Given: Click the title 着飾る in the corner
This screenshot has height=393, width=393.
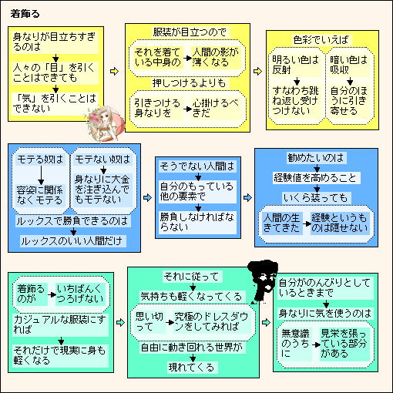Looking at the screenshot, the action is pos(25,14).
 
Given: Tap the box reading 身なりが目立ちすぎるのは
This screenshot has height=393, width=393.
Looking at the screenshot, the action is pos(55,42).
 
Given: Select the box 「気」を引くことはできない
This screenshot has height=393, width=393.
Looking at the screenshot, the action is pos(55,103).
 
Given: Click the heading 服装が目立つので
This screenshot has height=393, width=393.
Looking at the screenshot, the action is pos(190,32).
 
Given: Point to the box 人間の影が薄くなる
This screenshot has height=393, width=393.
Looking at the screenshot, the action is pos(216,58).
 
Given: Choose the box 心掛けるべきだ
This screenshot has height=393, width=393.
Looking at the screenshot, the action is pos(216,108).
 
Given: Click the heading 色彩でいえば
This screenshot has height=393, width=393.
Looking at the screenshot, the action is pos(321,40).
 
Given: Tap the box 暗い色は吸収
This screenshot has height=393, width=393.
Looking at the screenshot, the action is pos(349,65).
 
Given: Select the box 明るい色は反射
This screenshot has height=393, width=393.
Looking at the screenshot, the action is pos(296,65).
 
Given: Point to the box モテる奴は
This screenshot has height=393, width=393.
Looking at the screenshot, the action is pos(40,160).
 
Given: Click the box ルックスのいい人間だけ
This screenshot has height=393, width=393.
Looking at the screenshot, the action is pos(73,241).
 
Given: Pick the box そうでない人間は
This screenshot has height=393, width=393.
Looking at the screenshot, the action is pos(197,166).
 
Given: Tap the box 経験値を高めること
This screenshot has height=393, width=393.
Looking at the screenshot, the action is pos(317,178).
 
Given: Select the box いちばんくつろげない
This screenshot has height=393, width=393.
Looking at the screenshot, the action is pos(80,294).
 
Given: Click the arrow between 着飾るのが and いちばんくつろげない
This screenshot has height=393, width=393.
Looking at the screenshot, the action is pos(52,294).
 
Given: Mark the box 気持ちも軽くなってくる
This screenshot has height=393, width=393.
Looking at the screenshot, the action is pos(192,297).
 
